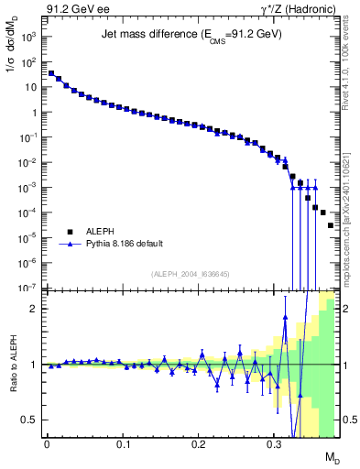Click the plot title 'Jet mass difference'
pos(191,35)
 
